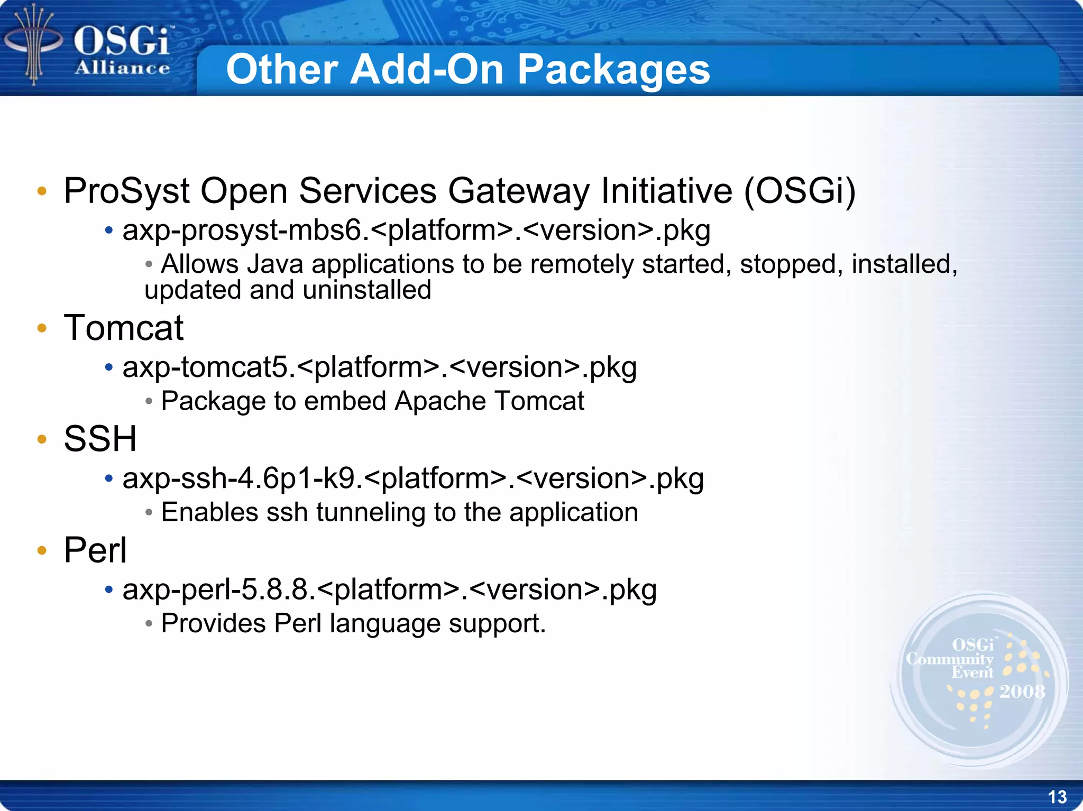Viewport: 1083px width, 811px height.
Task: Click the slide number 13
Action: coord(1057,797)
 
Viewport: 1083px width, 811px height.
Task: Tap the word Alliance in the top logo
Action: coord(122,68)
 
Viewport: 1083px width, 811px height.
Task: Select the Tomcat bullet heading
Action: coord(123,328)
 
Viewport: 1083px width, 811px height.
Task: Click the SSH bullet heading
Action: coord(100,439)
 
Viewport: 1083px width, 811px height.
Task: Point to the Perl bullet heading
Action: coord(95,550)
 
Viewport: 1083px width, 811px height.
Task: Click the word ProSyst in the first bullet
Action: coord(126,191)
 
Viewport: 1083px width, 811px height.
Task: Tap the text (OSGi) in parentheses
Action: coord(800,191)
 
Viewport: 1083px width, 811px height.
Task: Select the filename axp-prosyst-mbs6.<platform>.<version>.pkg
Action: coord(416,231)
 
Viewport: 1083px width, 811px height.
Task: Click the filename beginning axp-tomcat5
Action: coord(379,367)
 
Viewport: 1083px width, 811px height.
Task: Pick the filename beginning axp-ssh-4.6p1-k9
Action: coord(413,478)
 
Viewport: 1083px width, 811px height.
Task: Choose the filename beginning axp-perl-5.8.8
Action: coord(389,589)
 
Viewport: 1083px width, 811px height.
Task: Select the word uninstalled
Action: coord(368,290)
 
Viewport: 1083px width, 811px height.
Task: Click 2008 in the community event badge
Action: coord(1022,692)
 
